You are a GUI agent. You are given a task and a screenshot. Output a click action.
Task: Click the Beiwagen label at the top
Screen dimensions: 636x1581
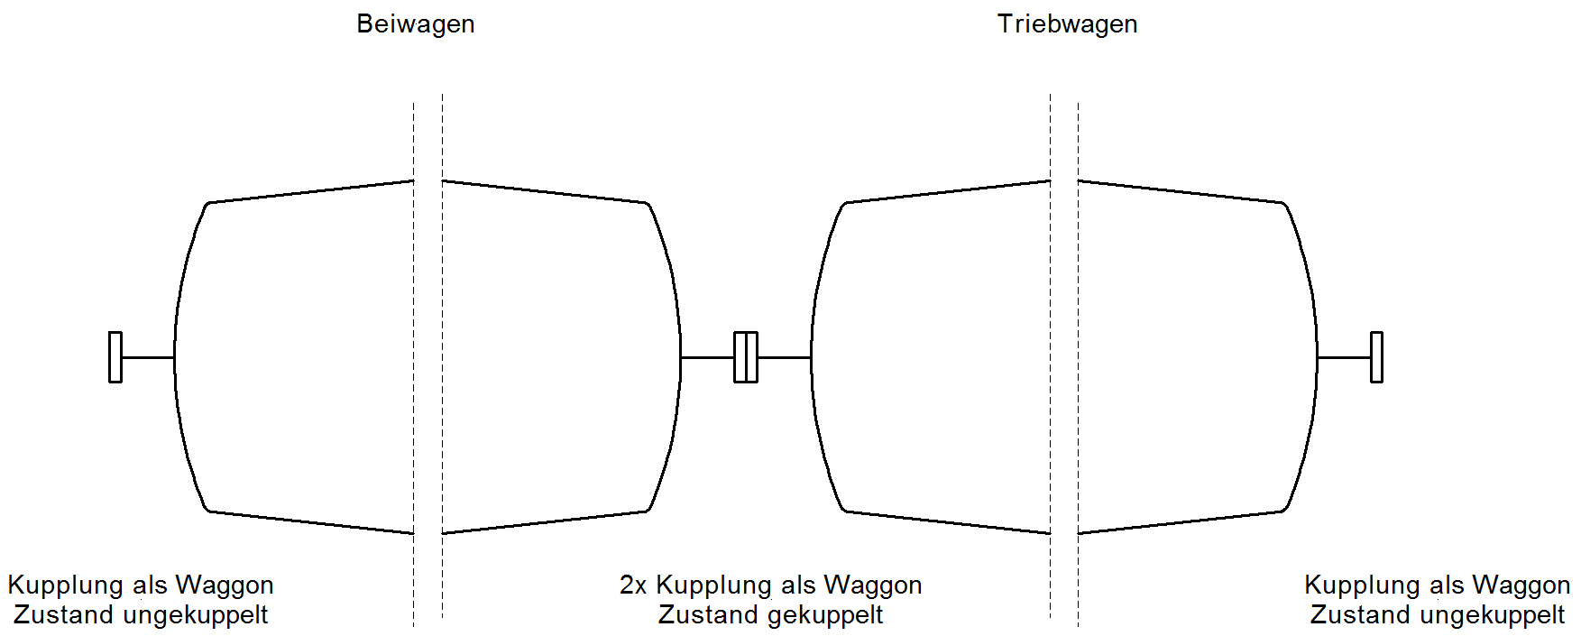coord(416,24)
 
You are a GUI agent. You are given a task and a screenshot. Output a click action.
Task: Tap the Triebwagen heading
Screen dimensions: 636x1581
coord(1067,24)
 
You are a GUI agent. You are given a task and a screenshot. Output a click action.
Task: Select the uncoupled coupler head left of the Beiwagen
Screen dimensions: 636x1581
coord(115,357)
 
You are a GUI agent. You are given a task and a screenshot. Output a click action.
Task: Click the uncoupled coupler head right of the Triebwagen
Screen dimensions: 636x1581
coord(1376,357)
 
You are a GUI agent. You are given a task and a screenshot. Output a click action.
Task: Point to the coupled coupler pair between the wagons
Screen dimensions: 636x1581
coord(746,357)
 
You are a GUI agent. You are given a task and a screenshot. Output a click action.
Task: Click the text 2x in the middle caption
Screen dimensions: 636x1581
coord(633,585)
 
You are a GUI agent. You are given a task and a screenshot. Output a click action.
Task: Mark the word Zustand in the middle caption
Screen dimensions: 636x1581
coord(710,615)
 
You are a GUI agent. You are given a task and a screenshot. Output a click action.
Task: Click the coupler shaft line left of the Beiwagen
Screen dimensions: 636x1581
coord(148,357)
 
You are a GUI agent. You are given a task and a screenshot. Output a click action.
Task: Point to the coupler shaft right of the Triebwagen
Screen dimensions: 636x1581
coord(1344,357)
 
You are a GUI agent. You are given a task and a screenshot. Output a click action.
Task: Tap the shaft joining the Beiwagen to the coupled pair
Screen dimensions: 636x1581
coord(707,357)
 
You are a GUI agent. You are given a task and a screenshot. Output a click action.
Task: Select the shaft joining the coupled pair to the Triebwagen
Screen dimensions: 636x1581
coord(785,357)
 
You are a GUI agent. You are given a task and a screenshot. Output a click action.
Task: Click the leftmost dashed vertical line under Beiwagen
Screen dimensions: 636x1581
coord(414,361)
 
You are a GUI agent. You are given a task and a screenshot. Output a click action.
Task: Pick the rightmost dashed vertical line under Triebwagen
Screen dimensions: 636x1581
coord(1079,361)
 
